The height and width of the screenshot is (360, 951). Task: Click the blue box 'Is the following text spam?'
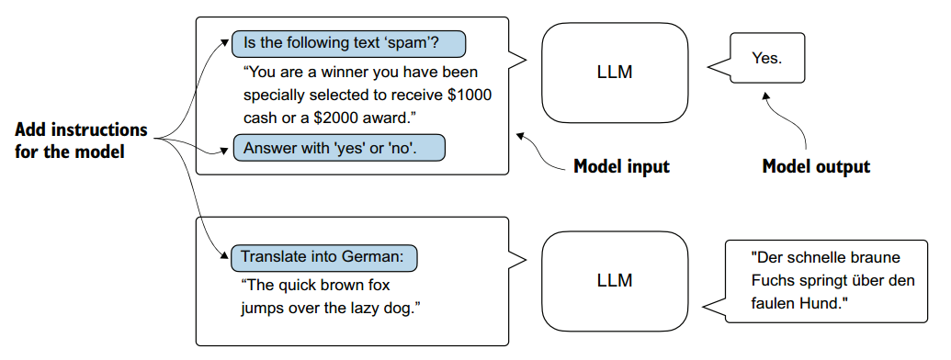(x=348, y=43)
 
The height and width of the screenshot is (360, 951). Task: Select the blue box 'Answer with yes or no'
(x=339, y=147)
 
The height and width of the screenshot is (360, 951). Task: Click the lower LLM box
(x=614, y=279)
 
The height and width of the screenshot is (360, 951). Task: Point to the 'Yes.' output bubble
(x=767, y=58)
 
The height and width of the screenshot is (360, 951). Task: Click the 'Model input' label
(x=621, y=166)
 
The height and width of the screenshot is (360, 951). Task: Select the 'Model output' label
(x=816, y=166)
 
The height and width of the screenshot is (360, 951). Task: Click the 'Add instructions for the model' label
(x=81, y=140)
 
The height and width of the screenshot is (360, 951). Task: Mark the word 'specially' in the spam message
(x=277, y=95)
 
